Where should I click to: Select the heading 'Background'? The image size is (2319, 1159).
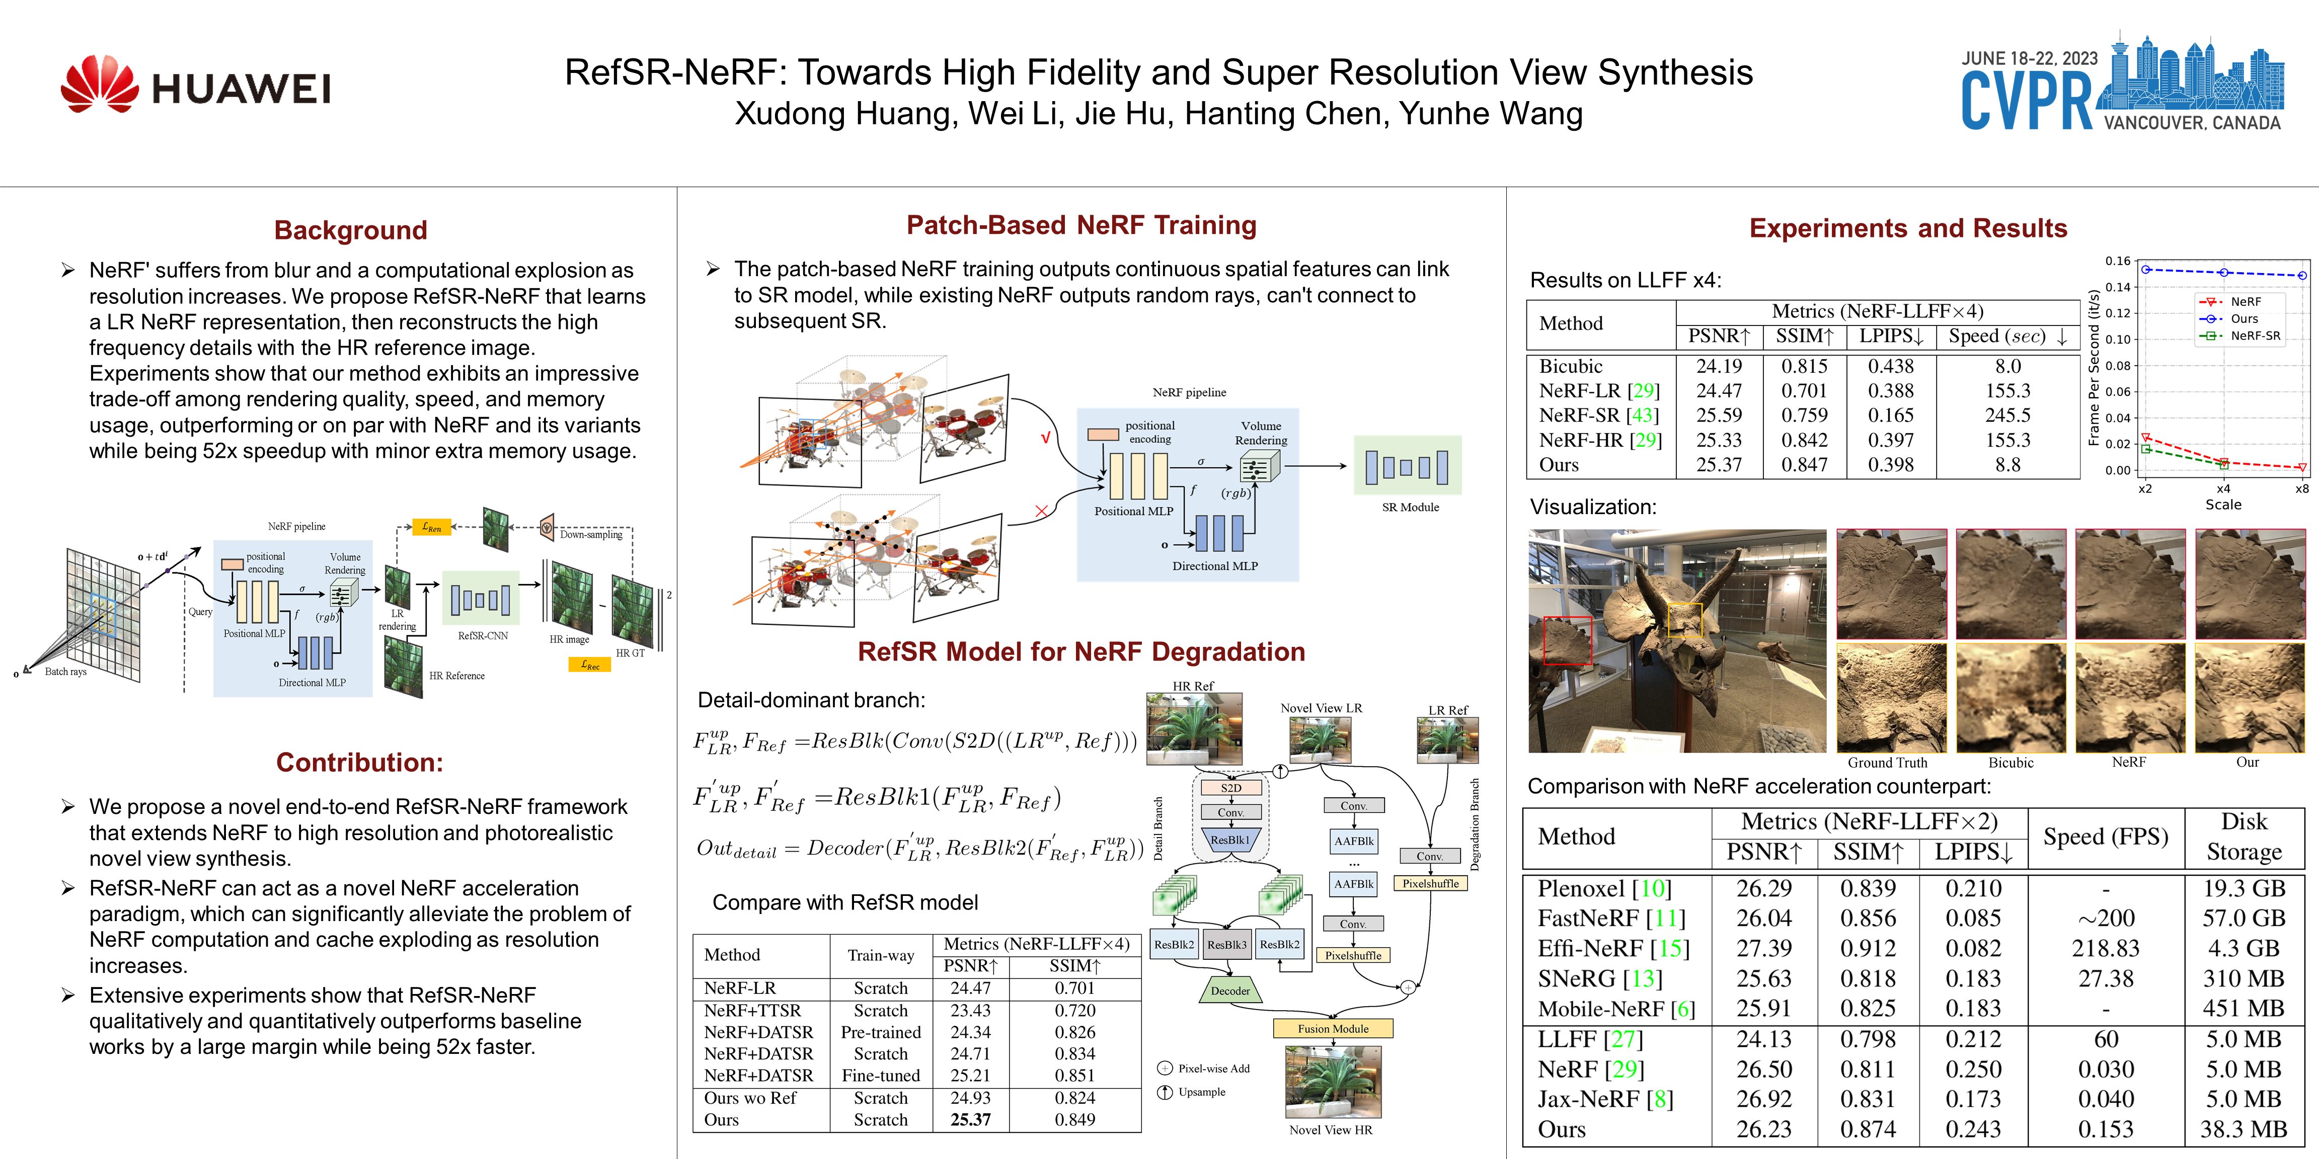350,230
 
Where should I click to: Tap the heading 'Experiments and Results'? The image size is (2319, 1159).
1908,228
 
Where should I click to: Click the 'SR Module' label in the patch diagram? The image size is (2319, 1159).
1410,508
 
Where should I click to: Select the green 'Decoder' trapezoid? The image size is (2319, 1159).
1230,990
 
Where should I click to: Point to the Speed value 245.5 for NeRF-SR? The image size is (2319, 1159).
2007,416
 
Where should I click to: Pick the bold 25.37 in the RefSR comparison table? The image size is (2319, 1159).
970,1119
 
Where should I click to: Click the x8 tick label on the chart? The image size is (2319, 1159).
2301,488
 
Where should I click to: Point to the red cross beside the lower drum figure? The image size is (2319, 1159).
1042,511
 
